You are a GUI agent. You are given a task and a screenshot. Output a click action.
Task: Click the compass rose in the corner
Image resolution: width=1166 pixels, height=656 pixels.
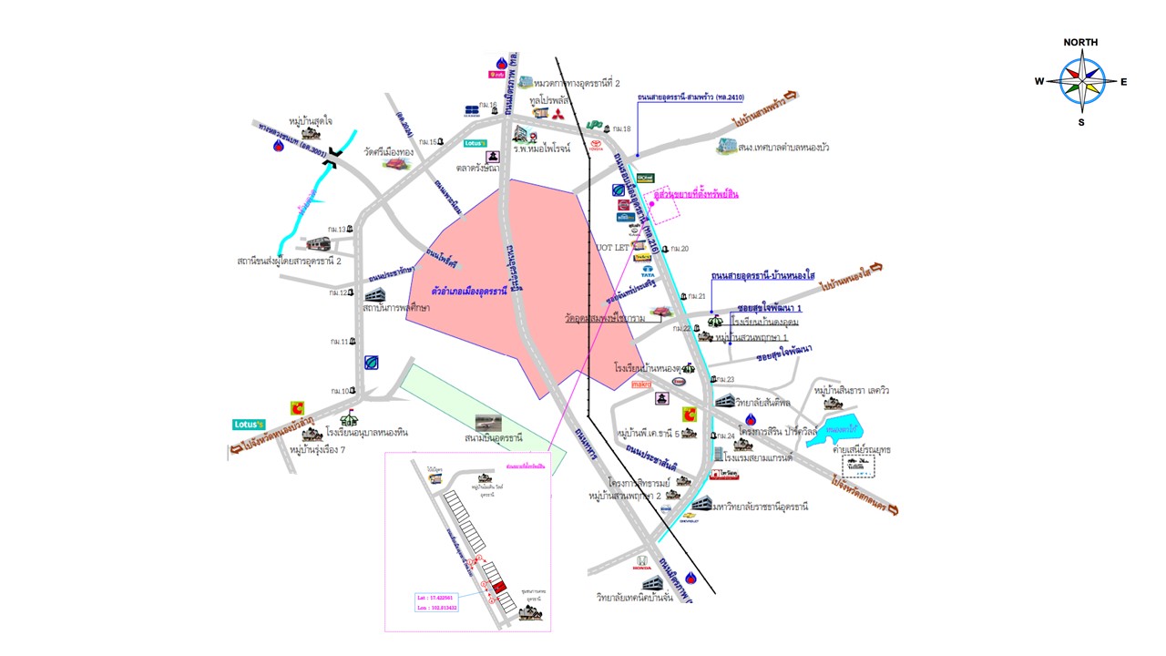click(x=1081, y=81)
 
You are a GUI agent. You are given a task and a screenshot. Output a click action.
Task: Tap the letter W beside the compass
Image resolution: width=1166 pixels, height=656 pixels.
click(x=1038, y=81)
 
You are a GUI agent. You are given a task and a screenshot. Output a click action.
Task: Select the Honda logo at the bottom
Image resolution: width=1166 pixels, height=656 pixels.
click(x=641, y=564)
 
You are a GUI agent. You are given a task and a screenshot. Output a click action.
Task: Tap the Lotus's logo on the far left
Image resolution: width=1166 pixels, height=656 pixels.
click(x=248, y=425)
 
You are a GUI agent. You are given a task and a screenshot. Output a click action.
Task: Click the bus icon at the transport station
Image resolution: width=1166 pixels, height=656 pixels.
click(x=318, y=243)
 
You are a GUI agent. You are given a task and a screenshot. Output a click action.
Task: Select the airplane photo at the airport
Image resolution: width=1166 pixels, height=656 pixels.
click(x=487, y=424)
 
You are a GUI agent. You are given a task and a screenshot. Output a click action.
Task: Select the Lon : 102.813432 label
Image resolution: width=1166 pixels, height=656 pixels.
click(x=437, y=607)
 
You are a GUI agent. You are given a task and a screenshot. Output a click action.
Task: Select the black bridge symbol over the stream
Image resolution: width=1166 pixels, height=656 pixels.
click(x=333, y=158)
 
